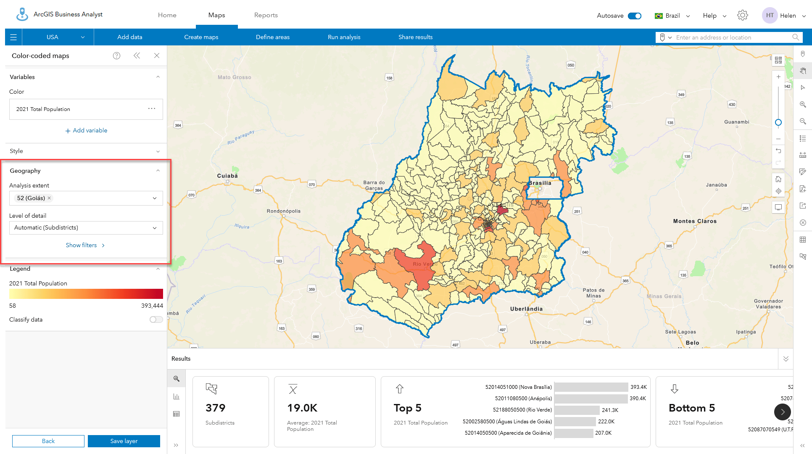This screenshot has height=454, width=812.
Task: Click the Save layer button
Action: [x=124, y=441]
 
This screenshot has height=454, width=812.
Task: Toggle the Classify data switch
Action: [x=156, y=319]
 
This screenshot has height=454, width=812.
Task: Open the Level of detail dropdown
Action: [x=86, y=228]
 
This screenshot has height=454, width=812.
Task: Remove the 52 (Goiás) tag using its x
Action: [x=49, y=198]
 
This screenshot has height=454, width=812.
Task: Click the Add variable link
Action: [x=86, y=131]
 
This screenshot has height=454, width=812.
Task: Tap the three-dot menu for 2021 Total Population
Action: [x=152, y=109]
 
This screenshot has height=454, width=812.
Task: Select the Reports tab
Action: [x=266, y=15]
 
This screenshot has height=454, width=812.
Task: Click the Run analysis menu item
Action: [x=344, y=37]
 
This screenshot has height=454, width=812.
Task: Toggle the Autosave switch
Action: [x=634, y=16]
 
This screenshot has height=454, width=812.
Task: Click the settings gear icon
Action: [x=742, y=16]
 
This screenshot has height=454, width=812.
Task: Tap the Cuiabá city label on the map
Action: [x=227, y=176]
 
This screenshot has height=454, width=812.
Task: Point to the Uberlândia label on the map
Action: [x=526, y=309]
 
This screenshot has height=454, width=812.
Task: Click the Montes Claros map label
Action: [x=695, y=221]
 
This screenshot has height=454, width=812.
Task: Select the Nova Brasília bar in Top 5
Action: [x=591, y=387]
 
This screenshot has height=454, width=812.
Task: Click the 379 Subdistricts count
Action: [x=216, y=408]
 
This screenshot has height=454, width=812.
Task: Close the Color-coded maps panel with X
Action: [x=157, y=55]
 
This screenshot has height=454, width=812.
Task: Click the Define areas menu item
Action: [x=272, y=37]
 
